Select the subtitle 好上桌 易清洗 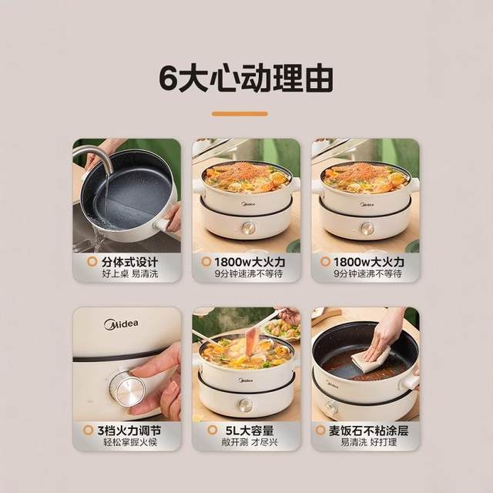tap(130, 273)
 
